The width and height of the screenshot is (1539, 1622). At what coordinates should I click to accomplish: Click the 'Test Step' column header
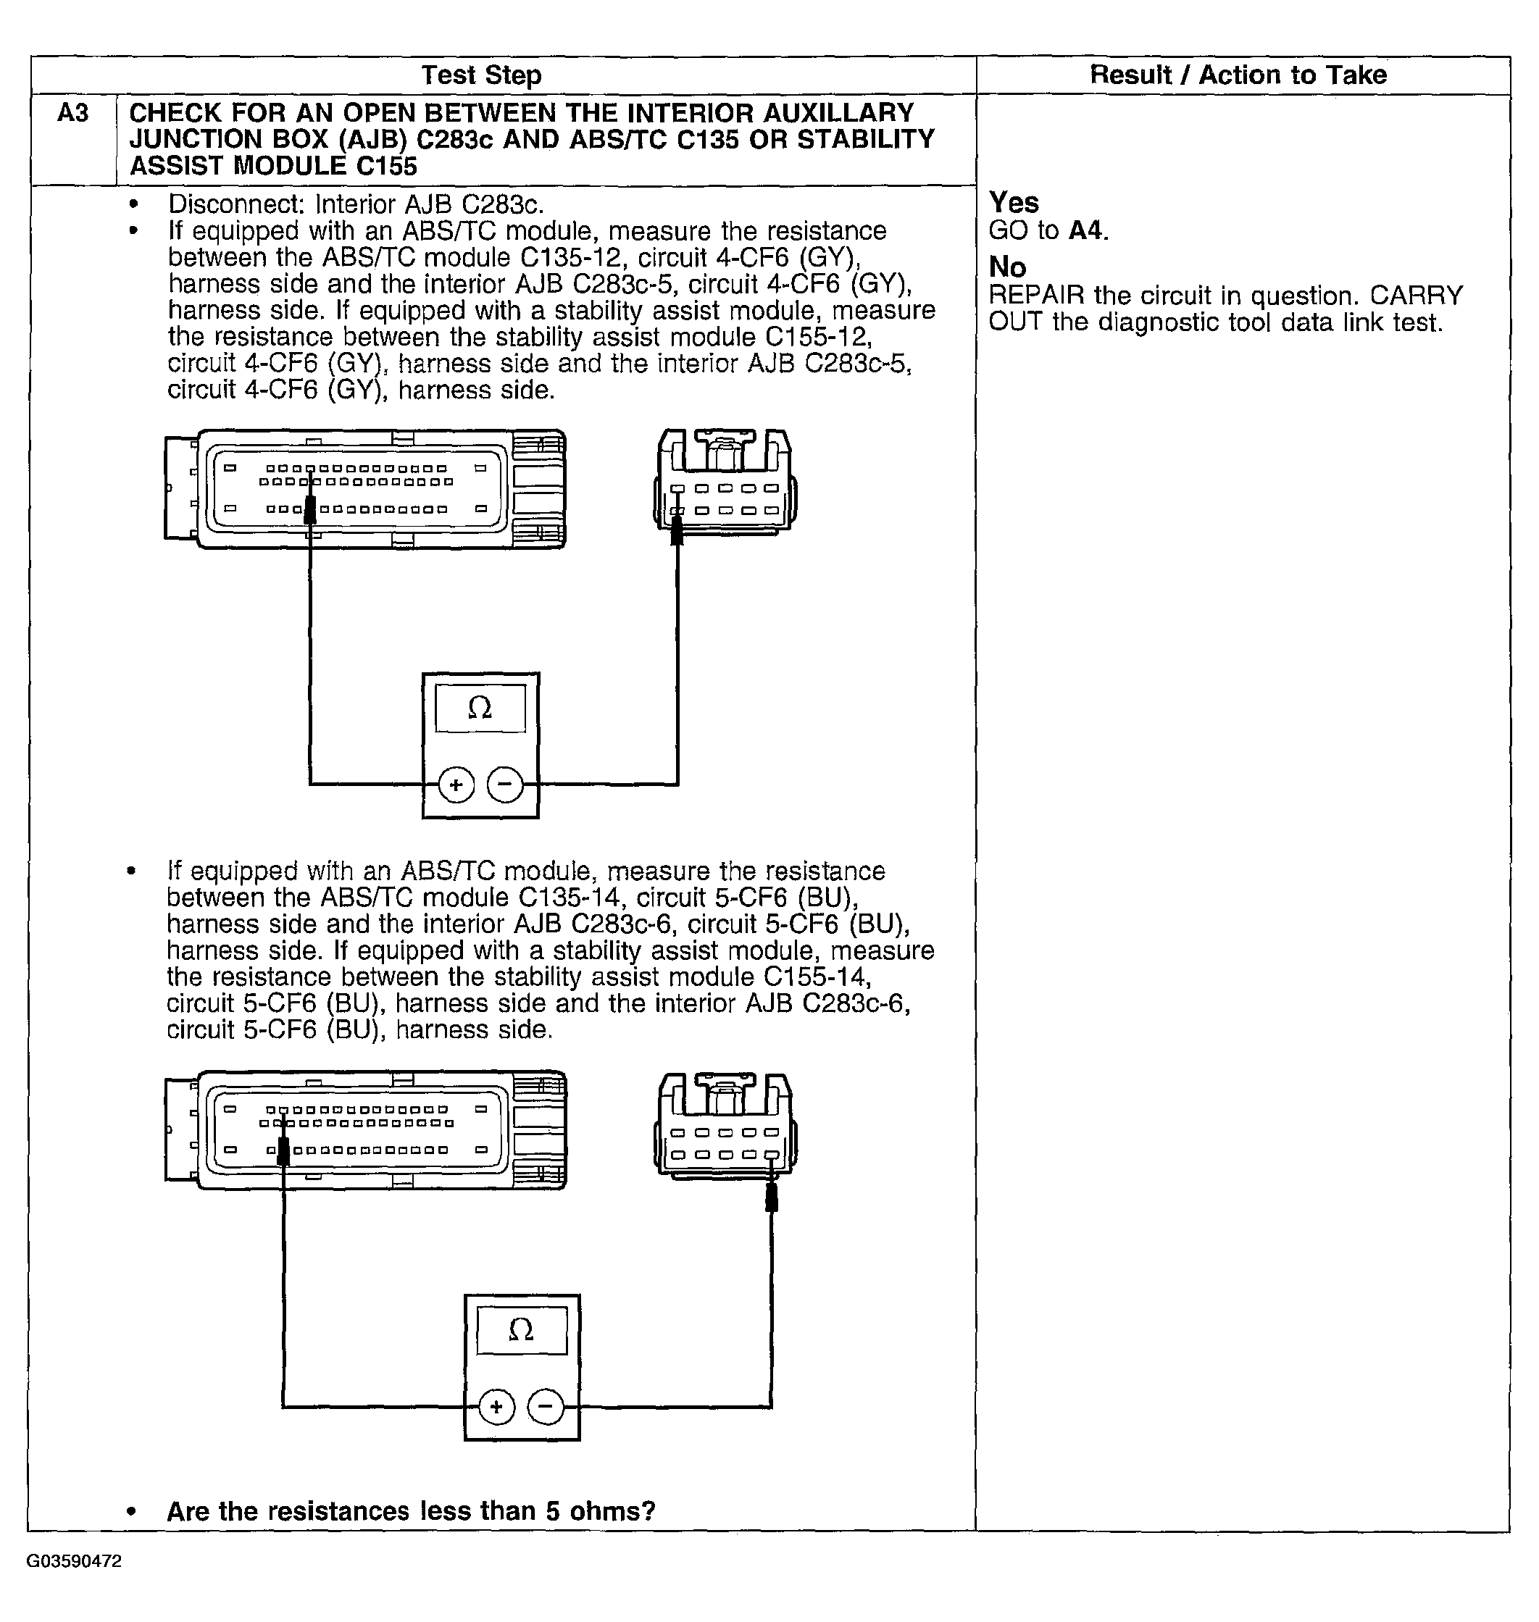click(x=482, y=75)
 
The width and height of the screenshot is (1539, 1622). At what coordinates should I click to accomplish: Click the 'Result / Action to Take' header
click(x=1237, y=75)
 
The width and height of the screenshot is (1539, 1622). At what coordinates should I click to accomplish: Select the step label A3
click(x=72, y=112)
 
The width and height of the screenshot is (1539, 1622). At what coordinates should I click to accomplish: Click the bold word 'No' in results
click(x=1007, y=267)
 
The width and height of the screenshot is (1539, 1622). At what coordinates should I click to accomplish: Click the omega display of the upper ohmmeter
click(x=480, y=708)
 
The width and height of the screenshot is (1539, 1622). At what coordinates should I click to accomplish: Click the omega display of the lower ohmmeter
click(x=522, y=1329)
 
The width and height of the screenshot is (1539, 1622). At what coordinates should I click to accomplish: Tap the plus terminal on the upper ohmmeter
click(x=456, y=785)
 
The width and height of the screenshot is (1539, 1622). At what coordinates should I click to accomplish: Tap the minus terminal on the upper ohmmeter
click(x=505, y=785)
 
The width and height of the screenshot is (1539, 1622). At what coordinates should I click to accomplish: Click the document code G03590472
click(x=74, y=1560)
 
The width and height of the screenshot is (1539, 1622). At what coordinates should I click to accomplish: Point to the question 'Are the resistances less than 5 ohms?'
click(x=411, y=1510)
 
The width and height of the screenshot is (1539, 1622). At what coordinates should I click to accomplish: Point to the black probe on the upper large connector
click(x=310, y=510)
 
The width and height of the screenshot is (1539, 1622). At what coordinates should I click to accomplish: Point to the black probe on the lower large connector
click(x=284, y=1150)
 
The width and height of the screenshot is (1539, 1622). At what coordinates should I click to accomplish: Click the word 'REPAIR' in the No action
click(x=1036, y=296)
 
